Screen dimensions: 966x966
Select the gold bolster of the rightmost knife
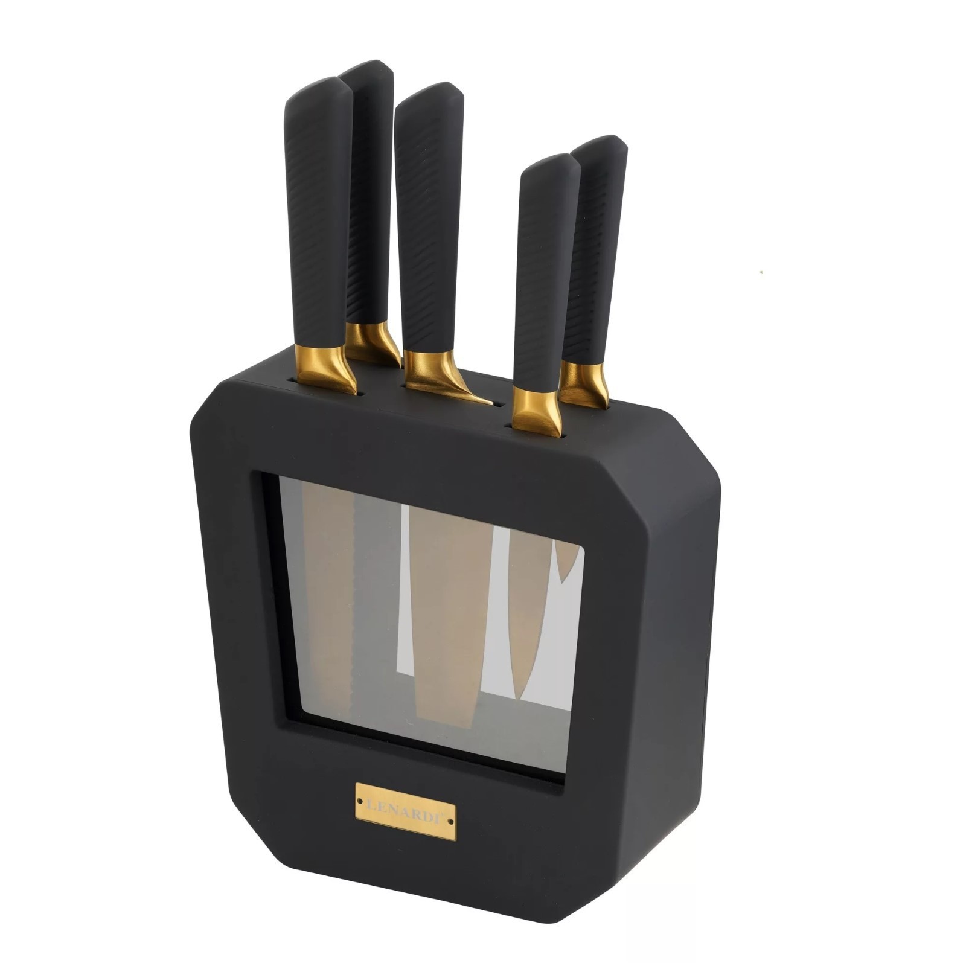(x=583, y=384)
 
